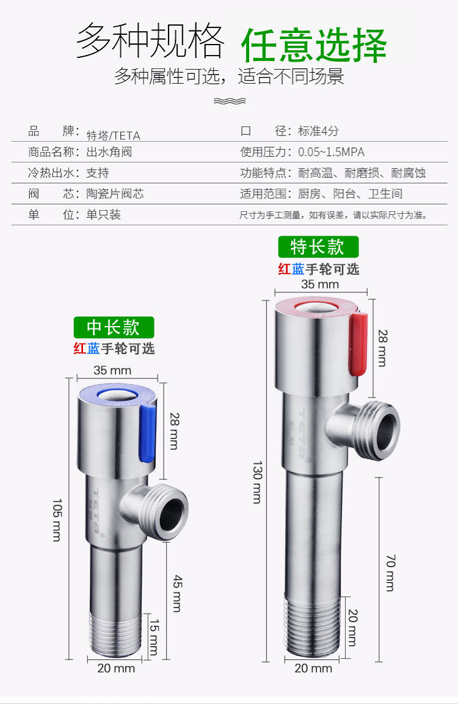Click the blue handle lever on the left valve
[x=148, y=433]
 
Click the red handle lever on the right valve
[x=358, y=344]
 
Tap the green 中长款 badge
[x=114, y=327]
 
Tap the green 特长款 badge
[x=318, y=247]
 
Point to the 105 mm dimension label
[x=57, y=520]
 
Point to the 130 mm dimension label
[x=257, y=482]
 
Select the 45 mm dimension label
[x=177, y=593]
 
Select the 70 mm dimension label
[x=391, y=573]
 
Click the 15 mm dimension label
[x=154, y=637]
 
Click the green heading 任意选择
[x=314, y=45]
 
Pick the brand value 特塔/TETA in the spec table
[x=113, y=135]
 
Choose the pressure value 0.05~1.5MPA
[x=332, y=152]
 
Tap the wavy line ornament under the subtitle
[x=230, y=101]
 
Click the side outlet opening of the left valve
[x=172, y=512]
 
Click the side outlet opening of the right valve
[x=383, y=430]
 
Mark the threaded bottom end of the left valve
[x=115, y=634]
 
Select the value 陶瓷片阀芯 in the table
[x=115, y=194]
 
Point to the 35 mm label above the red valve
[x=320, y=284]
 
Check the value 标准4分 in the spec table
[x=318, y=131]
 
